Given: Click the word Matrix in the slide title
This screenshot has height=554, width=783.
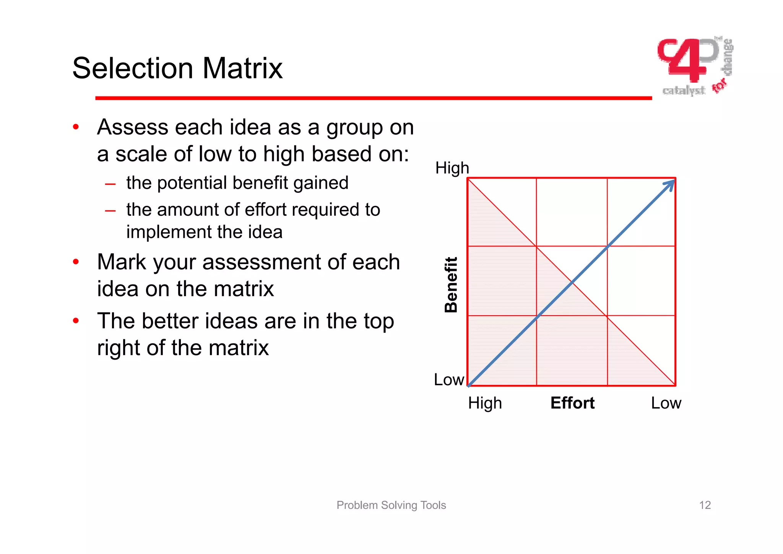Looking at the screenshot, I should (242, 68).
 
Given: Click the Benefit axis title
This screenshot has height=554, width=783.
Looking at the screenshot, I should (452, 285).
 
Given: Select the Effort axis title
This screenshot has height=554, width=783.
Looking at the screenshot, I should (572, 403).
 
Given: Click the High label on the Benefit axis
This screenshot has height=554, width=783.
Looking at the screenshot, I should (452, 168).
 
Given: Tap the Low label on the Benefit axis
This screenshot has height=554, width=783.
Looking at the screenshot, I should (449, 380).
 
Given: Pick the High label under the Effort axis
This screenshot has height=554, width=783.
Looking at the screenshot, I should (485, 403).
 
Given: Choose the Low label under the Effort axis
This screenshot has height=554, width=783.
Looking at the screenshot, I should (666, 403).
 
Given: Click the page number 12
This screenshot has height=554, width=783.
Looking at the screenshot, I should (705, 505).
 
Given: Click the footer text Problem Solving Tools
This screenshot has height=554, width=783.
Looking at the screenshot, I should (391, 505).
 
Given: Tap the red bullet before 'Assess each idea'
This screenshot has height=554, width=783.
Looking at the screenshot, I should (76, 127).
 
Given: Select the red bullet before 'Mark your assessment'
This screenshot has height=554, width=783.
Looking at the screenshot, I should (76, 262).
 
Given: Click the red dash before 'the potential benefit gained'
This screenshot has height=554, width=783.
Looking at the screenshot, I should (110, 184).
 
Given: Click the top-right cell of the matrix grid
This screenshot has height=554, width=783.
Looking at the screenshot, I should (641, 212).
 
